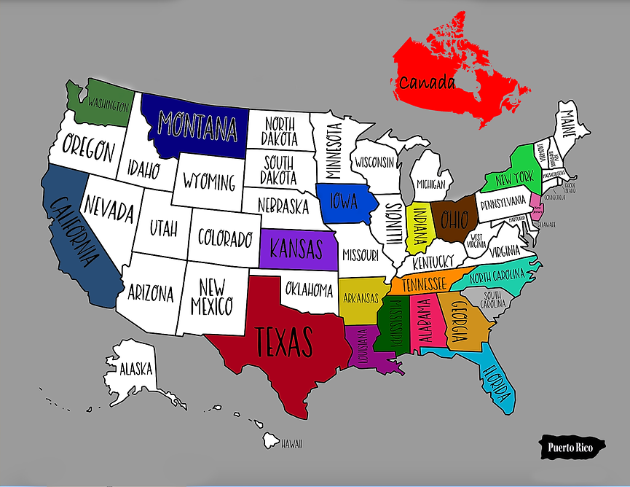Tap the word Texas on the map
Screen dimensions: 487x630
(284, 340)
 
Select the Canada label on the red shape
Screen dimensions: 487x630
(426, 82)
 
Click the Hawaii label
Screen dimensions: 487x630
(291, 444)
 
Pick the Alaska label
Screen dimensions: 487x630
(136, 367)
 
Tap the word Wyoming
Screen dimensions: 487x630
(209, 181)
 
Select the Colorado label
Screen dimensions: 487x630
(224, 238)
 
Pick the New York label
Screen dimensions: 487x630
(515, 177)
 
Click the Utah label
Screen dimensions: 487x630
(164, 228)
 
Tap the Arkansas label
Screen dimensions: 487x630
(361, 298)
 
